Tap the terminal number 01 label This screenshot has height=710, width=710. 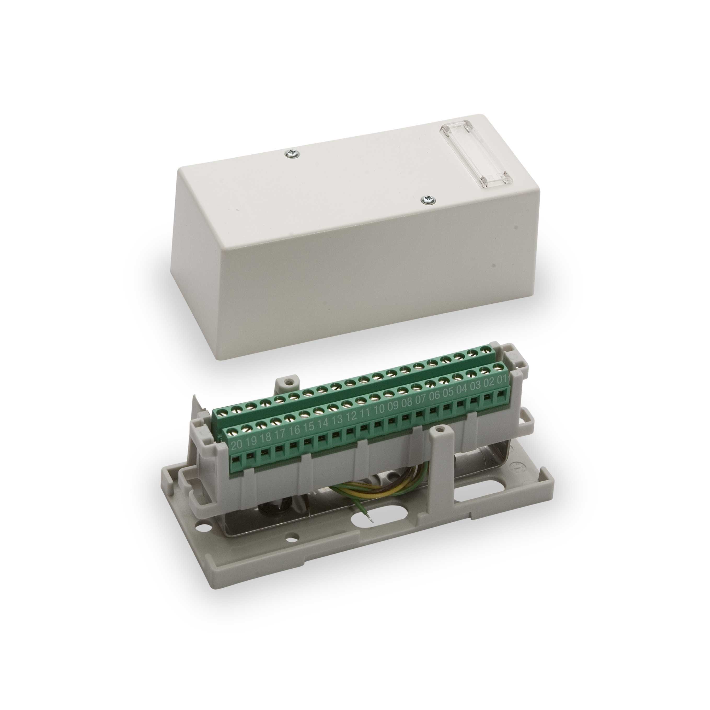(x=503, y=379)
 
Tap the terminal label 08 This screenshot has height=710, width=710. (x=407, y=402)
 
